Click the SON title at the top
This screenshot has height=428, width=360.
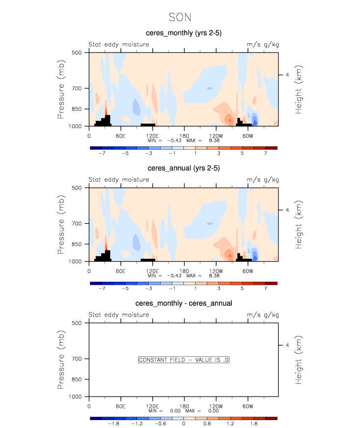180,18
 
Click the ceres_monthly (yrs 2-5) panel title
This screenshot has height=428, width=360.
183,33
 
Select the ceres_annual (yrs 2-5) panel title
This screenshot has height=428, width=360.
183,168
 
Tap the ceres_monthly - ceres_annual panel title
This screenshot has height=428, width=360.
183,303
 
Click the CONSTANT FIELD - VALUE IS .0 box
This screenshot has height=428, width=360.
184,360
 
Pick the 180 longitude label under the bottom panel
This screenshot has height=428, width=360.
184,406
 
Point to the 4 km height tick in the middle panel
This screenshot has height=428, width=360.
287,210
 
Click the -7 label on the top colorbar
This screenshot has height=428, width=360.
102,153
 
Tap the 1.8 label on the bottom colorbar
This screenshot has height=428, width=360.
254,424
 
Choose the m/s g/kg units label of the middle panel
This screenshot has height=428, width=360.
262,180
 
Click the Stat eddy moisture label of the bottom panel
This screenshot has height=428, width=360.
118,315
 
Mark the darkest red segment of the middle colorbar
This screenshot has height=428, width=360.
272,283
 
